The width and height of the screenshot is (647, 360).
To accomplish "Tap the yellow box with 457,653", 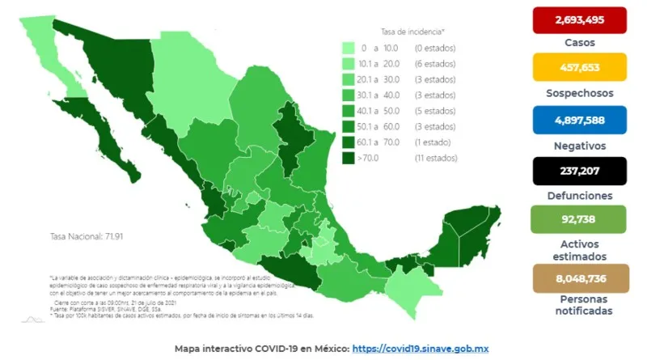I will pos(579,67).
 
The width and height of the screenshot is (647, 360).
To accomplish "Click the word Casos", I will pos(579,42).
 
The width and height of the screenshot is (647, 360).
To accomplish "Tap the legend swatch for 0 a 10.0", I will pos(349,48).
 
